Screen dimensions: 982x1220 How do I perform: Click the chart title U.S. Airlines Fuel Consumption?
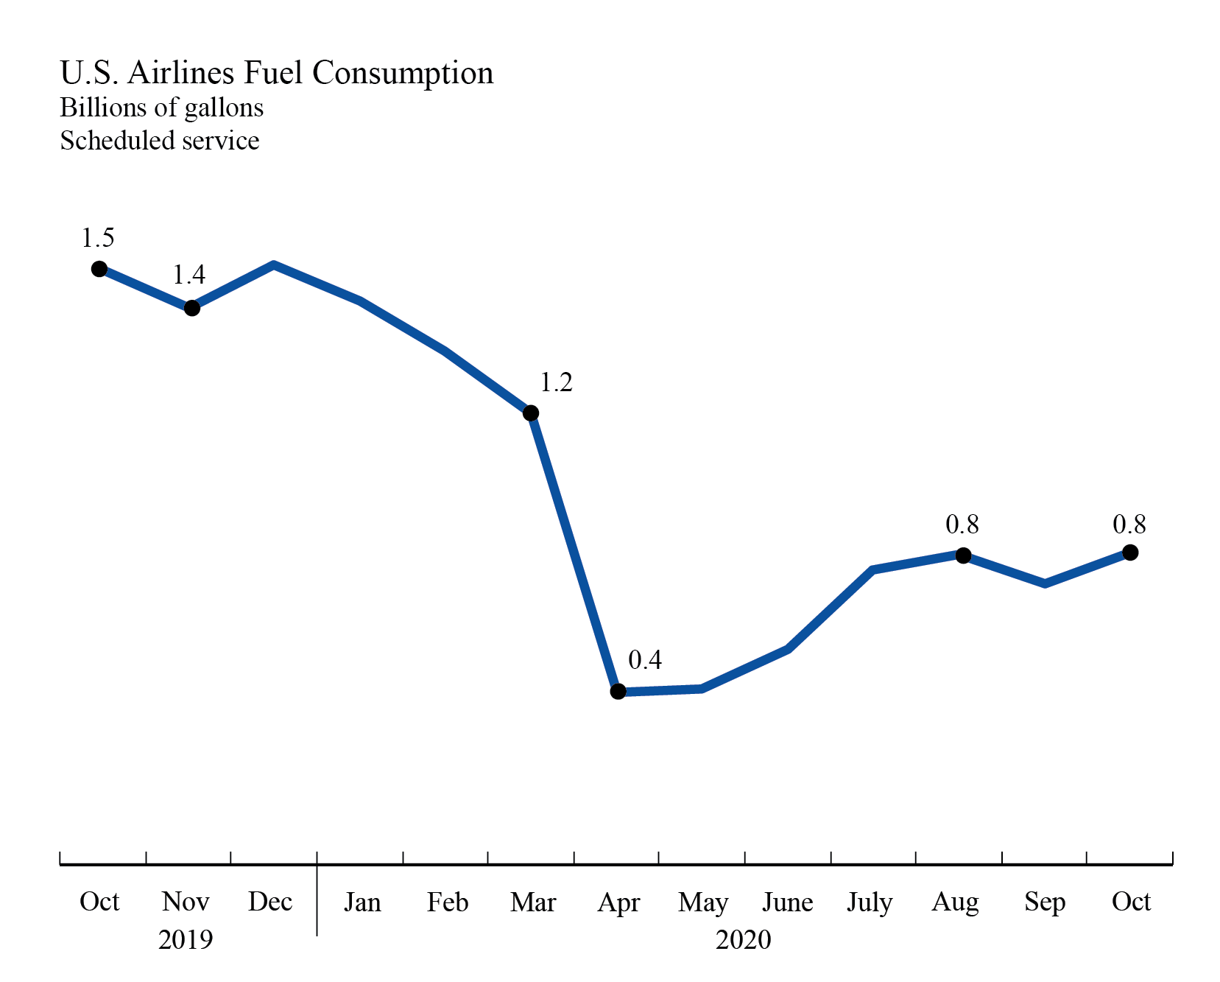(x=276, y=73)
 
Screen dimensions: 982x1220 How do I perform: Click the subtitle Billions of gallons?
(x=161, y=108)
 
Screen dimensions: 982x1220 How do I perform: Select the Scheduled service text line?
(x=159, y=140)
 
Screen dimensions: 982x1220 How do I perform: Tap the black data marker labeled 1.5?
(x=99, y=269)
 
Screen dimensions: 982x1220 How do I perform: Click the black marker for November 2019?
(x=191, y=308)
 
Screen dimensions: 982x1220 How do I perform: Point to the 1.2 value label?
(x=556, y=382)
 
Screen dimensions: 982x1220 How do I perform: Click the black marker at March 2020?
(x=531, y=413)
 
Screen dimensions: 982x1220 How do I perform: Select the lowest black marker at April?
(x=618, y=691)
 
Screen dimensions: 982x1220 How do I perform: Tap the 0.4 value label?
(x=645, y=660)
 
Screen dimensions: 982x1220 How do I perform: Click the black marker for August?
(x=963, y=555)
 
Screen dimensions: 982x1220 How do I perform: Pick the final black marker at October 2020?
(x=1130, y=553)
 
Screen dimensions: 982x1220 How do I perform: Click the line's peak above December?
(x=274, y=264)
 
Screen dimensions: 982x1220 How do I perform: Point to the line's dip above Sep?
(x=1046, y=583)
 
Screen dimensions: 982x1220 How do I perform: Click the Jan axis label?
(x=362, y=902)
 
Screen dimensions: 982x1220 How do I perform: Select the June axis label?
(x=787, y=902)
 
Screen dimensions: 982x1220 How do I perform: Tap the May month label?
(x=703, y=902)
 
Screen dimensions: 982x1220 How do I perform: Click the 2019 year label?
(x=186, y=940)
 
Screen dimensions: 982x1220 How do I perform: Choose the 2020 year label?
(x=743, y=940)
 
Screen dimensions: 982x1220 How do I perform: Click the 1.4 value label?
(x=188, y=275)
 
